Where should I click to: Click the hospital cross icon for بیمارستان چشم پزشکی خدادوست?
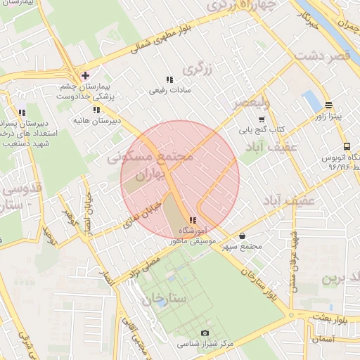click(85, 75)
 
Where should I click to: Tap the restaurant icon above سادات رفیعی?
click(169, 80)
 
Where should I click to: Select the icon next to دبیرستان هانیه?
click(96, 110)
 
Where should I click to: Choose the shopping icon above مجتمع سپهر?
click(243, 236)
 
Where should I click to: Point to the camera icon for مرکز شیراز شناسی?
click(205, 332)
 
